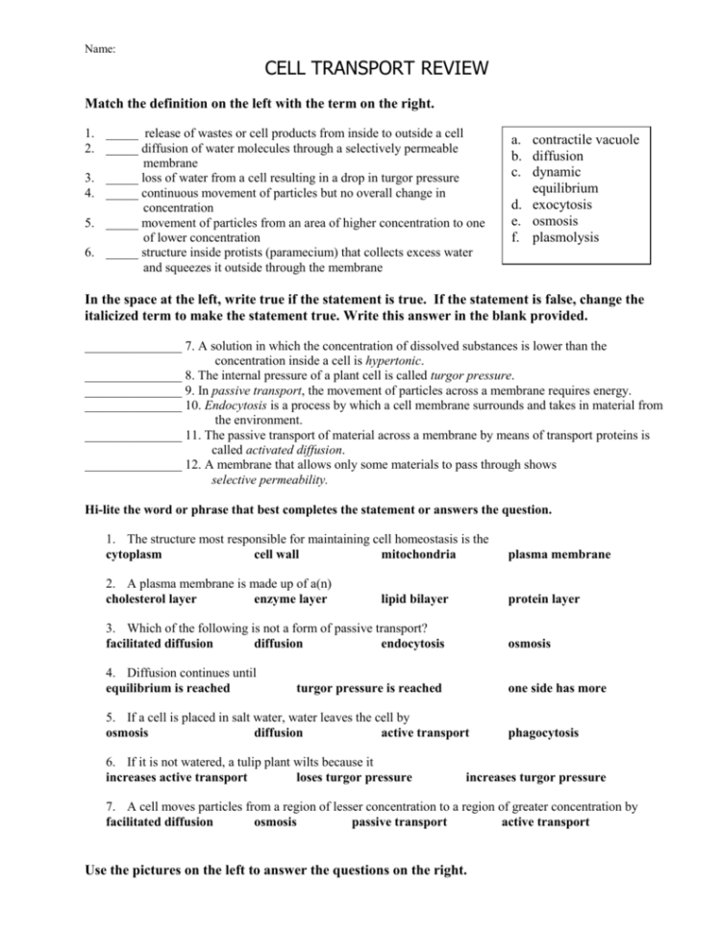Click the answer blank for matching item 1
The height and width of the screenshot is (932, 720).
(x=122, y=133)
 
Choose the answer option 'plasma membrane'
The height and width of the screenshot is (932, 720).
(x=559, y=554)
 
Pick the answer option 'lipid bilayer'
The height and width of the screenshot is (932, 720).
(x=414, y=599)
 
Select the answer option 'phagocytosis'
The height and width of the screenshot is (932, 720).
(x=543, y=733)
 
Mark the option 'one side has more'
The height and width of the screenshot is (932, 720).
(x=557, y=688)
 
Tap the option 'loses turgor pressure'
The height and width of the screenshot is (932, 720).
(x=354, y=777)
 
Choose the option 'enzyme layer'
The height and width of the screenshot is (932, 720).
(x=289, y=599)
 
